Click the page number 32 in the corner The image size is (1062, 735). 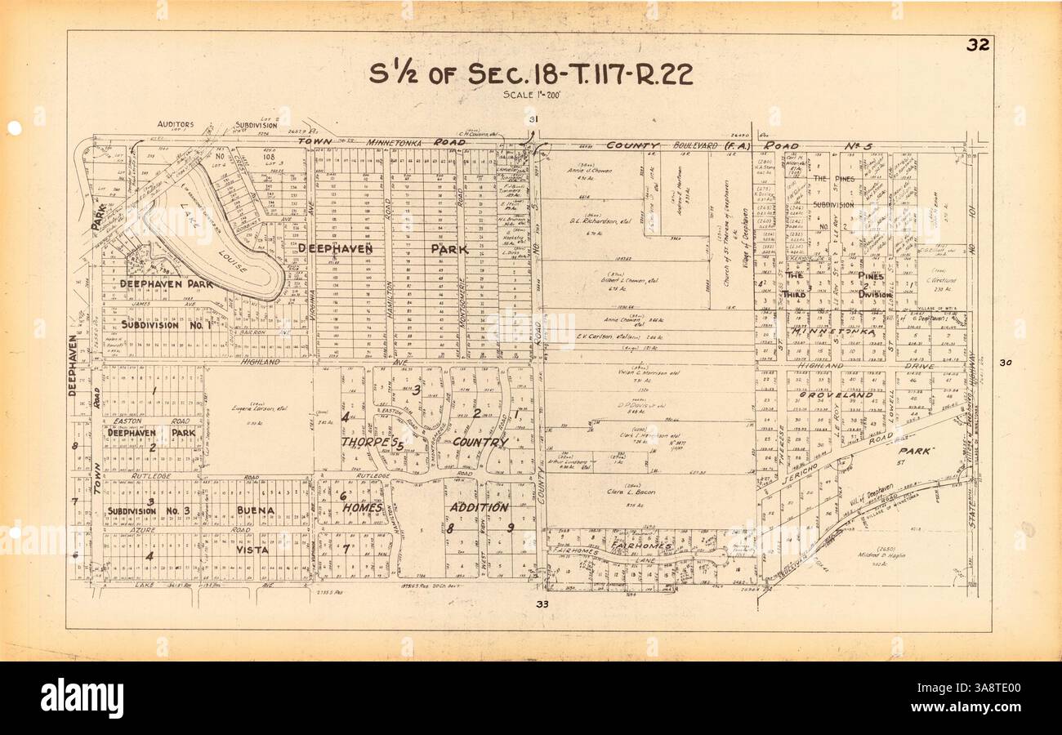(x=977, y=45)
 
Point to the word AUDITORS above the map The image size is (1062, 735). (x=175, y=124)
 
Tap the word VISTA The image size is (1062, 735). (x=252, y=550)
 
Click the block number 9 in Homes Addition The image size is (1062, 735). (x=510, y=528)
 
